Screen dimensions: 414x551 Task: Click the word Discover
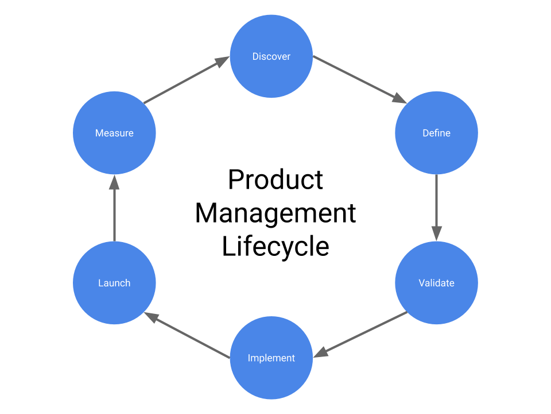pyautogui.click(x=271, y=56)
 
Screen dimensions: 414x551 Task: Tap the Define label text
pyautogui.click(x=436, y=133)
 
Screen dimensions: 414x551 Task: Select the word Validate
pyautogui.click(x=436, y=283)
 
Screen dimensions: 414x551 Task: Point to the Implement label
pyautogui.click(x=271, y=358)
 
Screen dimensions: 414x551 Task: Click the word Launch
pyautogui.click(x=114, y=283)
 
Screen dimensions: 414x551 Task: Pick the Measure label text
pyautogui.click(x=114, y=133)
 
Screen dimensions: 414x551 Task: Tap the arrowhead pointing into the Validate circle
pyautogui.click(x=436, y=233)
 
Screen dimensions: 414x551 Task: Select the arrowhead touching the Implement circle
pyautogui.click(x=321, y=351)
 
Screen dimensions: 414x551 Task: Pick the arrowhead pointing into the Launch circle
pyautogui.click(x=152, y=317)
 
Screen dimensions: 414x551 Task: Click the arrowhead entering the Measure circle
pyautogui.click(x=114, y=182)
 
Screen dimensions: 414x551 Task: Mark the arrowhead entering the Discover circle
pyautogui.click(x=222, y=62)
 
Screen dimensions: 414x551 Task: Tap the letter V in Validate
pyautogui.click(x=421, y=283)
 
